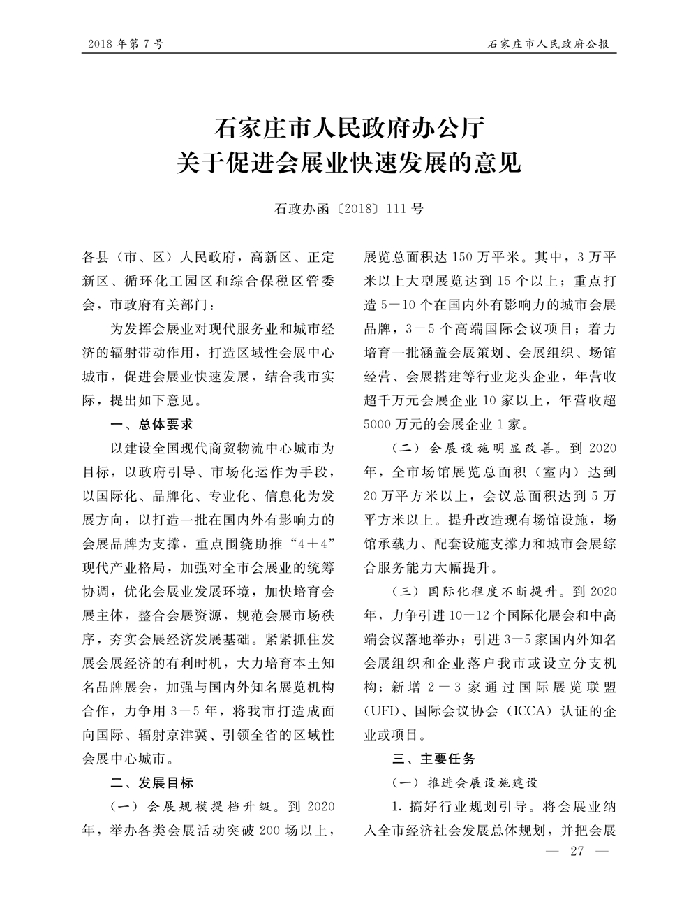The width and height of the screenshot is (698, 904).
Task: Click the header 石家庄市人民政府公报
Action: pyautogui.click(x=548, y=44)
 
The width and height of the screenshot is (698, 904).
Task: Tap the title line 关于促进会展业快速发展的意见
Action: pyautogui.click(x=348, y=164)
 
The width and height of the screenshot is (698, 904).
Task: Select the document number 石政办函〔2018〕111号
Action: pyautogui.click(x=348, y=208)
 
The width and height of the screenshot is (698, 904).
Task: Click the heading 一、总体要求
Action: pyautogui.click(x=152, y=424)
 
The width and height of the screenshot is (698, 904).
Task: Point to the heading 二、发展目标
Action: pyautogui.click(x=152, y=782)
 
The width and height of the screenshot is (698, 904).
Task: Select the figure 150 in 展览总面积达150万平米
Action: pyautogui.click(x=464, y=256)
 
